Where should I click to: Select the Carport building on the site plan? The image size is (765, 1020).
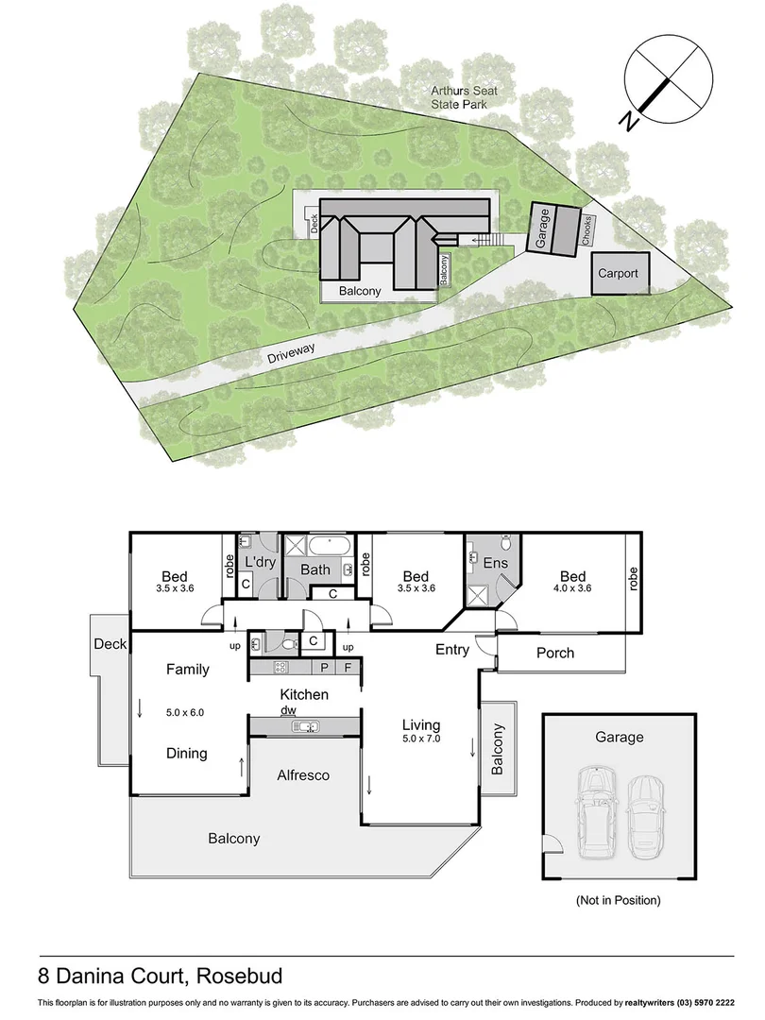pos(617,274)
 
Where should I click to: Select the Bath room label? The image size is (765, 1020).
pos(315,569)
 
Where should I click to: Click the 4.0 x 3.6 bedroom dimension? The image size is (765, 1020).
pos(572,588)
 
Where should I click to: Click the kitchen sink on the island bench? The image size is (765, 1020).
pos(304,725)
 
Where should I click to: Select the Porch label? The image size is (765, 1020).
pos(554,653)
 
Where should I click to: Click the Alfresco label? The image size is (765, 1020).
pos(302,774)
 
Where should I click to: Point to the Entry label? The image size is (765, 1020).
pos(452,649)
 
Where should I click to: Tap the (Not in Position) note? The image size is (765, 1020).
pos(618,900)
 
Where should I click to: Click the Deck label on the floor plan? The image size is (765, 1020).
pos(110,644)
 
